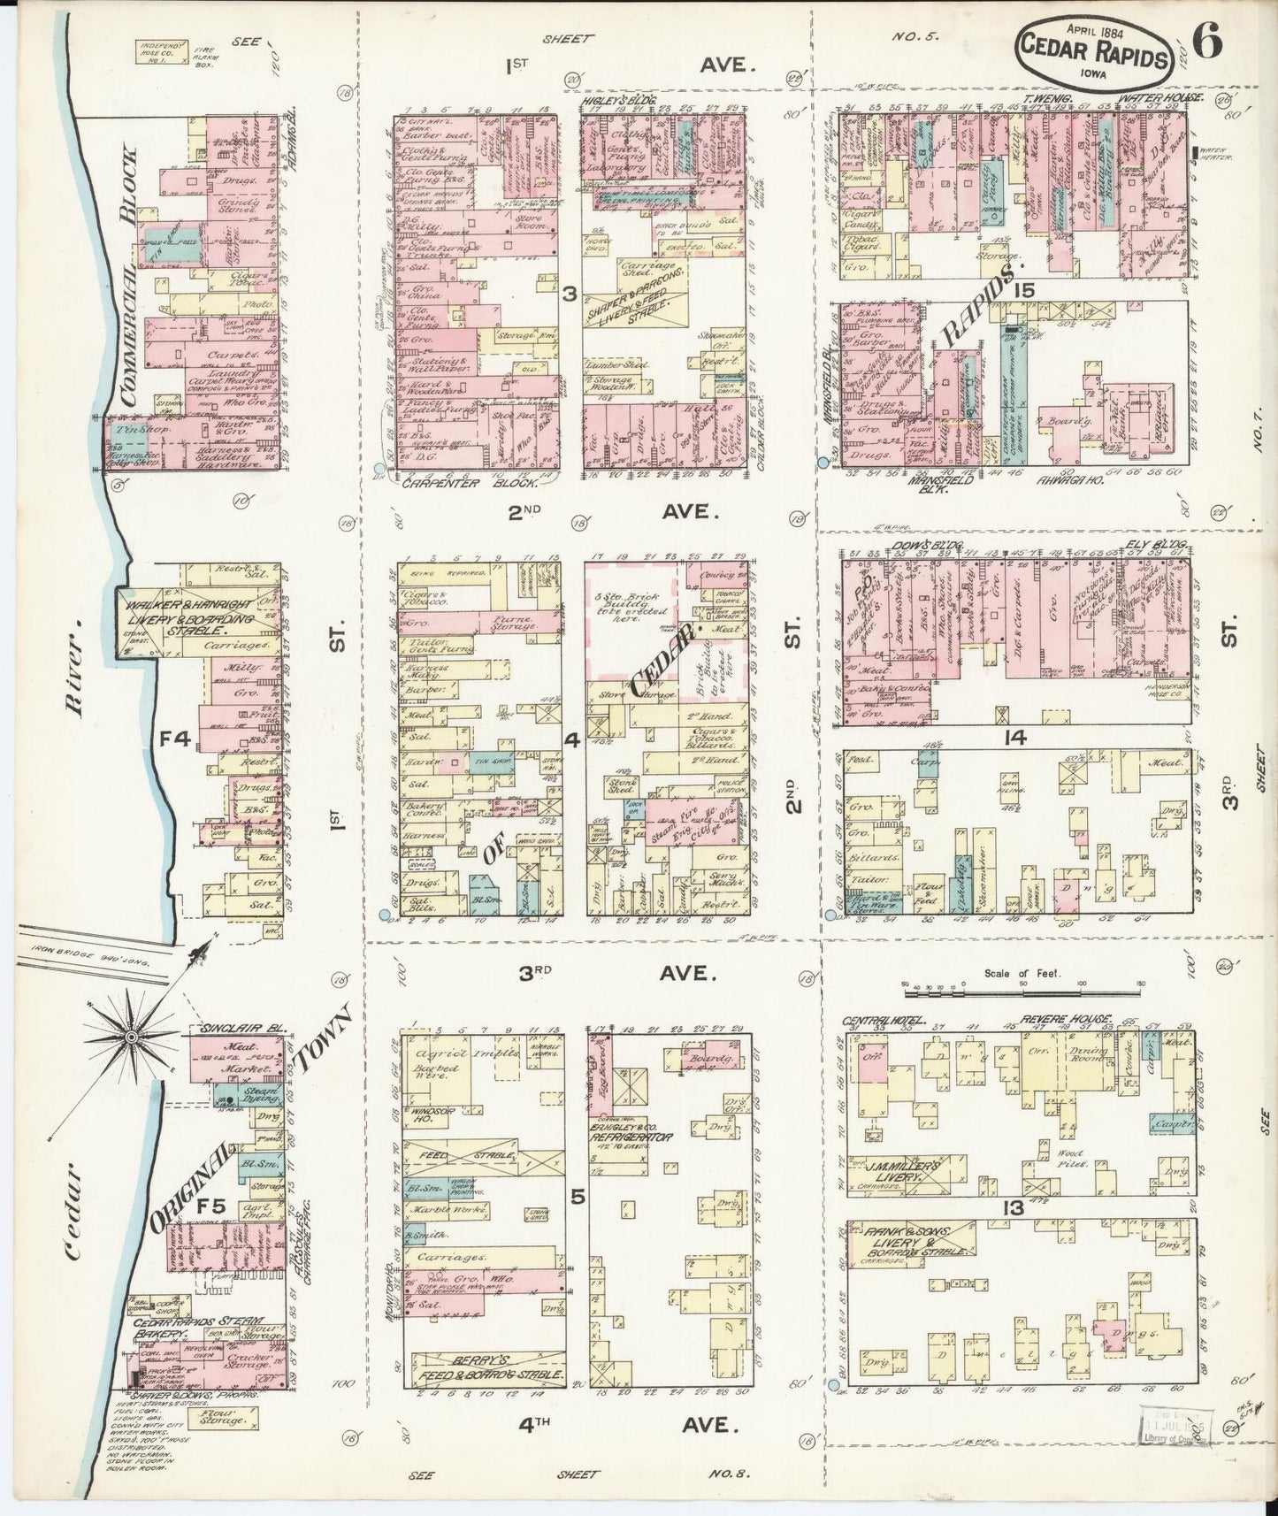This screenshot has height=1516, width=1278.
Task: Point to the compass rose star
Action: [131, 1036]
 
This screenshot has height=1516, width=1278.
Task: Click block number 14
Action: [1015, 737]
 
